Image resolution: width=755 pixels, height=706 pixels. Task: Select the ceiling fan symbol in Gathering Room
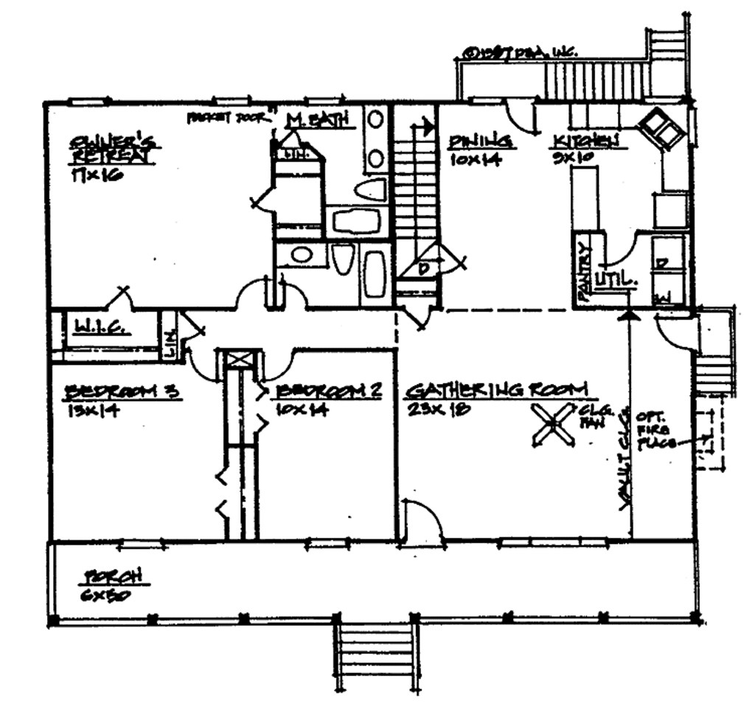click(553, 425)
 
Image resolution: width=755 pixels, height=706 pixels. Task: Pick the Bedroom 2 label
click(329, 391)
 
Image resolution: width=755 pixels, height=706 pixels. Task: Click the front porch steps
click(376, 655)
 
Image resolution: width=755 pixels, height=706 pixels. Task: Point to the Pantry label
click(584, 273)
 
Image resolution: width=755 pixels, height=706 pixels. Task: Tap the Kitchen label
click(585, 141)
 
